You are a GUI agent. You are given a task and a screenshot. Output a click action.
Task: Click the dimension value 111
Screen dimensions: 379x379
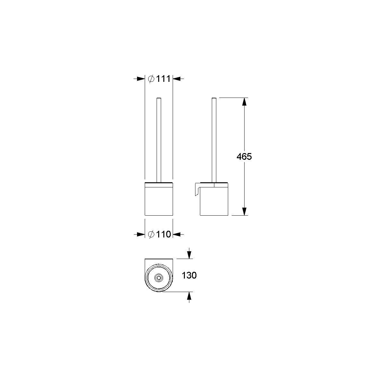163,79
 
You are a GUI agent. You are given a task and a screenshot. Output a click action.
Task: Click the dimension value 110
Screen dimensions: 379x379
163,234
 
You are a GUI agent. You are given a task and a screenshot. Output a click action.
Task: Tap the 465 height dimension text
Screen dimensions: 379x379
244,157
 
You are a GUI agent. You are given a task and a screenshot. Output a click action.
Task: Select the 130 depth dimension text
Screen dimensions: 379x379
189,275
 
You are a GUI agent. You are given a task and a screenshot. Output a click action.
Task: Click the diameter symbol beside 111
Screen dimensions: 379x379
151,79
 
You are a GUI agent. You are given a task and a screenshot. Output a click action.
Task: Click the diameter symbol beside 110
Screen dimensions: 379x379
151,234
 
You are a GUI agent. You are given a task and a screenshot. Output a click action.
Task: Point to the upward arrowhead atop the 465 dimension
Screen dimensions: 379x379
244,102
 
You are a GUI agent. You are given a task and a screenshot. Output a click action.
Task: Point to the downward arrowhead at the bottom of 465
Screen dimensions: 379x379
244,211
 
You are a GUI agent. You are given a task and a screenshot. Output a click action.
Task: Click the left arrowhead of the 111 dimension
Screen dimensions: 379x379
141,79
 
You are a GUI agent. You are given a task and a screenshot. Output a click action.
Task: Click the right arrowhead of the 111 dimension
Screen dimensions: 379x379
177,79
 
